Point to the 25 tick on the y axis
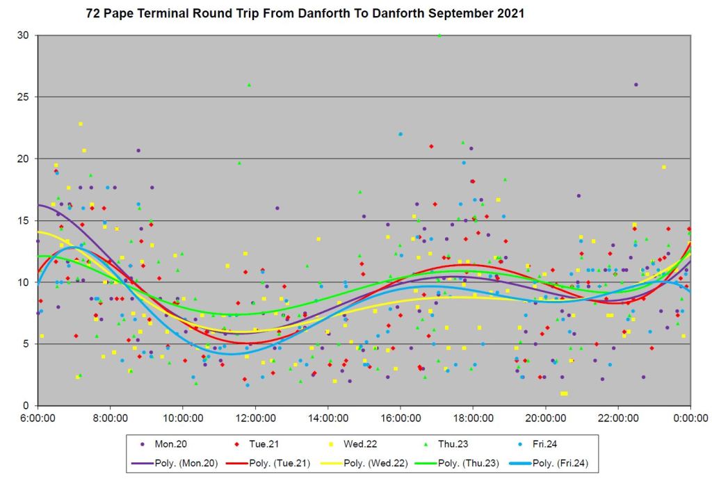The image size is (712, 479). tap(23, 97)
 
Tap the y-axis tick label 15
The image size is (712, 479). tap(23, 220)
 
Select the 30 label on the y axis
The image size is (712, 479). tap(23, 35)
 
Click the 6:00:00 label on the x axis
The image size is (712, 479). tap(38, 419)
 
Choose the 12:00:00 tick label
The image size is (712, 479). tap(255, 419)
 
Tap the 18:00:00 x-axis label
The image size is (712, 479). tap(473, 419)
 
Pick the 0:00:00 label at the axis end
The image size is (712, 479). tap(690, 419)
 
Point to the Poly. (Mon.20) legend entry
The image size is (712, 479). tap(169, 462)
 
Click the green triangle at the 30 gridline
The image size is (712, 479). tap(439, 35)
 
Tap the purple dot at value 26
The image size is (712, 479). tap(636, 85)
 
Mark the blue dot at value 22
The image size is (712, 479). tap(400, 134)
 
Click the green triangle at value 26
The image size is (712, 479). tap(249, 85)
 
